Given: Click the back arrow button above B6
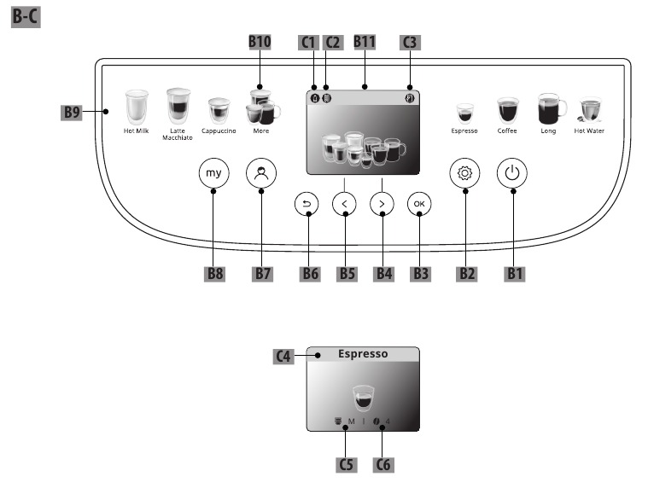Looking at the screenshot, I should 307,203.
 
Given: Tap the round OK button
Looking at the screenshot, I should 419,203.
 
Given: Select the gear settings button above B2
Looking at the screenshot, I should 465,173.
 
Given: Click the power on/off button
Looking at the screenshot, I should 512,173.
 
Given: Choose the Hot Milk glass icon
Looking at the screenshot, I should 137,108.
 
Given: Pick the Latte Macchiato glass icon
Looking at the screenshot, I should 178,106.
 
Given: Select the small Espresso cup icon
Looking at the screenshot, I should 464,113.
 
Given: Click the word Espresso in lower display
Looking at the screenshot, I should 363,353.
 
